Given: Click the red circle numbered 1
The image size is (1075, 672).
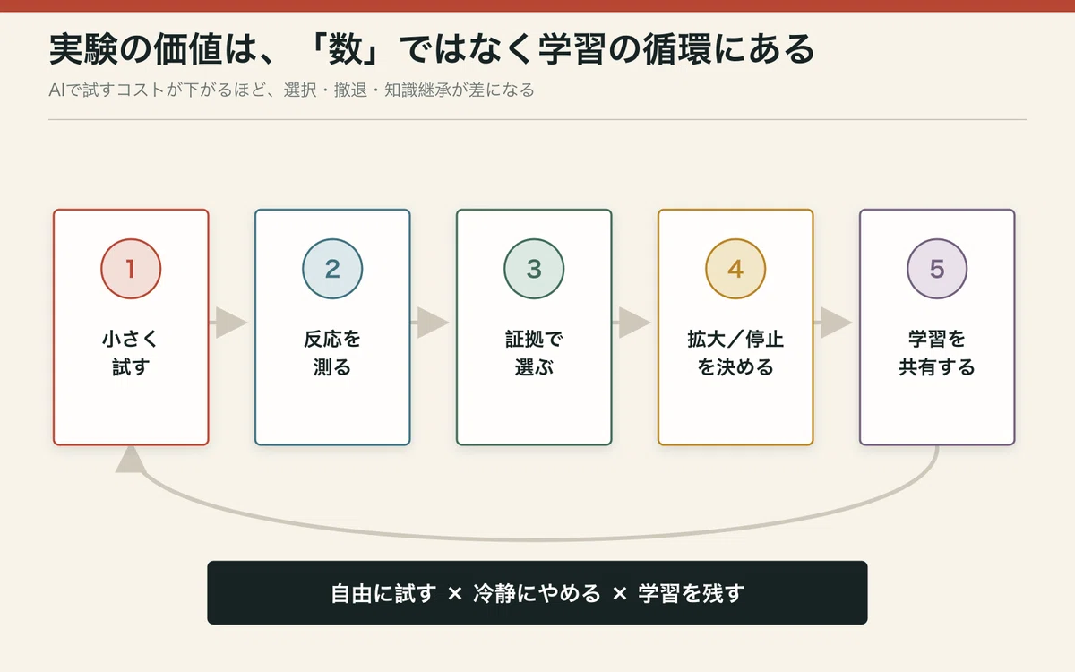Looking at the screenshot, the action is (131, 269).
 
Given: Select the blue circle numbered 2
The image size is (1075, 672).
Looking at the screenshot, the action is (332, 269).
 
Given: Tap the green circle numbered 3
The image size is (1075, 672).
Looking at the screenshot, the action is (534, 269).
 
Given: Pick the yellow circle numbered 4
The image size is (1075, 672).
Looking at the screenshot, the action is (735, 269).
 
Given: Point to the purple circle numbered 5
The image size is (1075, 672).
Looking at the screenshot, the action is (937, 269).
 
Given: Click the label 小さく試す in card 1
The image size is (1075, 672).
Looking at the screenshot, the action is (131, 353).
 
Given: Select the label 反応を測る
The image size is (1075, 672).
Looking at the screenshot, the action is (332, 353).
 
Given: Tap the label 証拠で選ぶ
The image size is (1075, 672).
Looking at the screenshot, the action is (534, 353).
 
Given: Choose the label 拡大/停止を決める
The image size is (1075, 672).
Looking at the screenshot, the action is (735, 353).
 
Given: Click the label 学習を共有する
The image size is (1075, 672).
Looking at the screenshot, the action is (937, 353).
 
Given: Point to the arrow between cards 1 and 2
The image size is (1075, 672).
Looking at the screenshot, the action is (228, 323).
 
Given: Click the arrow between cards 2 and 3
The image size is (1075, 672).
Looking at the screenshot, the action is (430, 323).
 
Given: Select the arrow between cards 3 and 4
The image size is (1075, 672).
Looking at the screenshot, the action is (632, 323).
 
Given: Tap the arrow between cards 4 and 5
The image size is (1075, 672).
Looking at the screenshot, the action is (833, 323).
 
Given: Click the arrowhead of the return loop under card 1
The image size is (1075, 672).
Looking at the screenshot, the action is (131, 460).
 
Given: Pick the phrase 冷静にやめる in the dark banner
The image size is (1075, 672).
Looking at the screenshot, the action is (537, 593).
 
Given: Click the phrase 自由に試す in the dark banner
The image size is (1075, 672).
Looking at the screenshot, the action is (383, 593).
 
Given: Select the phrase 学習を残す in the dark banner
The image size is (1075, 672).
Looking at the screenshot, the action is (691, 593).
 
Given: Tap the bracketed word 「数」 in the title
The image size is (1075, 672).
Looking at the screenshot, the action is (344, 49).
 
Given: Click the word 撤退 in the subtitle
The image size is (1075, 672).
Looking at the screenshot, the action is (350, 90).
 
